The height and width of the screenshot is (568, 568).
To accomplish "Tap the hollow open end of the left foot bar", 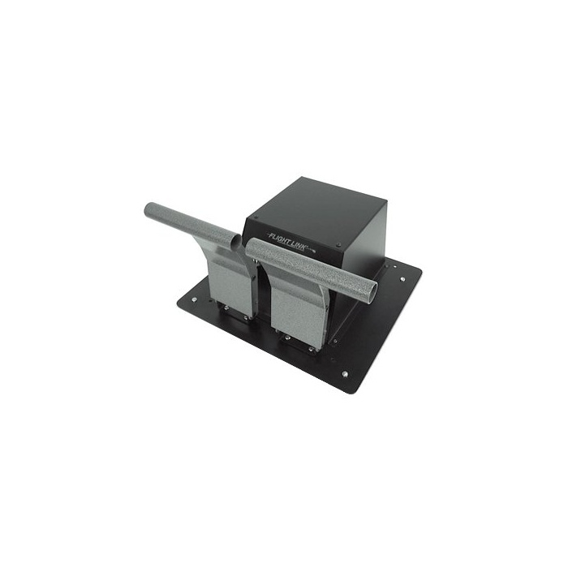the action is click(x=236, y=240).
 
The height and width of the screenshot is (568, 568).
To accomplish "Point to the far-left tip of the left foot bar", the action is click(x=145, y=209).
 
